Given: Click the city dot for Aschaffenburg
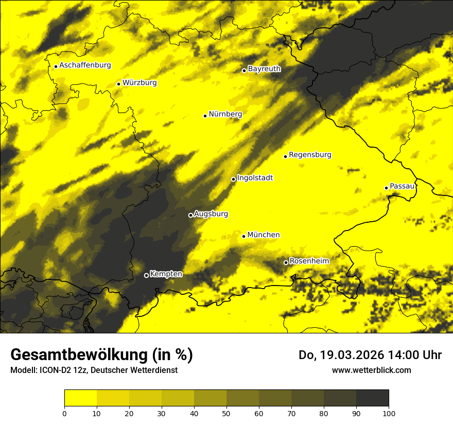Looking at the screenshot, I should point(56,66).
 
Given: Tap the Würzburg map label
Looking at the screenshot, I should point(140,83).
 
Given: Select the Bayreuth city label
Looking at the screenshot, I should point(264,69).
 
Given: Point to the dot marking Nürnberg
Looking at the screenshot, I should point(205,116).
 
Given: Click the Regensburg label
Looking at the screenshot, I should point(310,155).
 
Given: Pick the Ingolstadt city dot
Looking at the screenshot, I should point(233,179).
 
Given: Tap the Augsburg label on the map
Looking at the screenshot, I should point(211,214).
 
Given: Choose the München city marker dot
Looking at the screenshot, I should point(243,236).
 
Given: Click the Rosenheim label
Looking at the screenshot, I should point(309,261).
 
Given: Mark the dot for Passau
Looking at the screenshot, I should point(386,188).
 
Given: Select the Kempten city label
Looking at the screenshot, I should point(166,274).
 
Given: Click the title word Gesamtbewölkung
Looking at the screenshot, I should point(77,355).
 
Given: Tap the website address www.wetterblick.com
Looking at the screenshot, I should point(371,370).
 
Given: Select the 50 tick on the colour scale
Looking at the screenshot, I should point(226,413).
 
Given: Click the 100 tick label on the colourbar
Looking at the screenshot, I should point(389,413).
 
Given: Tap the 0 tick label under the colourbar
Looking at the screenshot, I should point(64,413).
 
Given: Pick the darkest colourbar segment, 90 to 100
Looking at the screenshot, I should point(372,398).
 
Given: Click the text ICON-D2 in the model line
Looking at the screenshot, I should point(53,370).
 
